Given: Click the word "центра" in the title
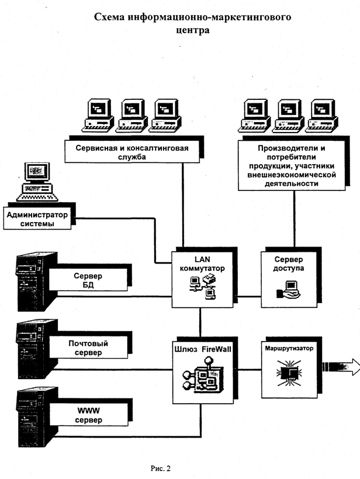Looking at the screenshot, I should click(192, 30).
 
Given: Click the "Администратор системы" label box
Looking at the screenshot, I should click(37, 219).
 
